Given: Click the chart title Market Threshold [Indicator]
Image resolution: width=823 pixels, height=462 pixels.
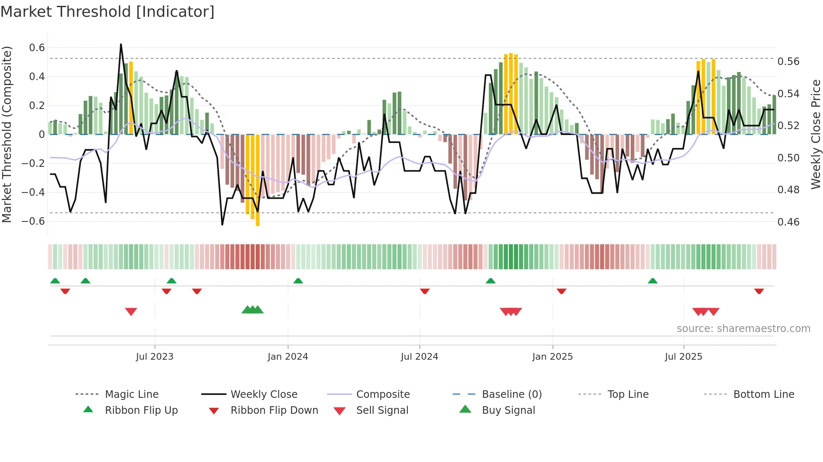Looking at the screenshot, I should [x=107, y=12].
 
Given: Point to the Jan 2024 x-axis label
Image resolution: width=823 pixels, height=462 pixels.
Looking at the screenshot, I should [x=288, y=357].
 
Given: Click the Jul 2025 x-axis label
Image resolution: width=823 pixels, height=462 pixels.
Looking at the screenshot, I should [x=683, y=357].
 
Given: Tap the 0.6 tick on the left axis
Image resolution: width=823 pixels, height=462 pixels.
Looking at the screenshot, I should [x=37, y=48].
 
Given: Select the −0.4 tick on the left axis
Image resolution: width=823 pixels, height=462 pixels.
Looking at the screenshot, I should [x=33, y=192].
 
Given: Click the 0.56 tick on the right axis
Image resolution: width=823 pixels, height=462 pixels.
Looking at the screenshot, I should [x=788, y=62].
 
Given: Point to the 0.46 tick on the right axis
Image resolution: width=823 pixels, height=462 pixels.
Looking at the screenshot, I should [x=788, y=222].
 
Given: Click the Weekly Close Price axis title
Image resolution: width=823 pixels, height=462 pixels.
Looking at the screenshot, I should [x=815, y=134].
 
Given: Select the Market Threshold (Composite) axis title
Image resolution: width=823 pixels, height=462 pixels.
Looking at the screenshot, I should [x=7, y=134].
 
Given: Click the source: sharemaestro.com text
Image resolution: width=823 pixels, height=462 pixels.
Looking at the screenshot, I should [x=743, y=329].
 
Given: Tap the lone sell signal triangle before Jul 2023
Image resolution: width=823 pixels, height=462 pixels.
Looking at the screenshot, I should [x=131, y=311].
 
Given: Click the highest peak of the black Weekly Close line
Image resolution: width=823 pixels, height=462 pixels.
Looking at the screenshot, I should [x=121, y=44].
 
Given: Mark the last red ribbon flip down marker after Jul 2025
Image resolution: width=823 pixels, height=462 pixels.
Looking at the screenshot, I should [x=759, y=291].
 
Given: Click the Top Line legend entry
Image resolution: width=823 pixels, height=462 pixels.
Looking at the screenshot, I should [x=627, y=395].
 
